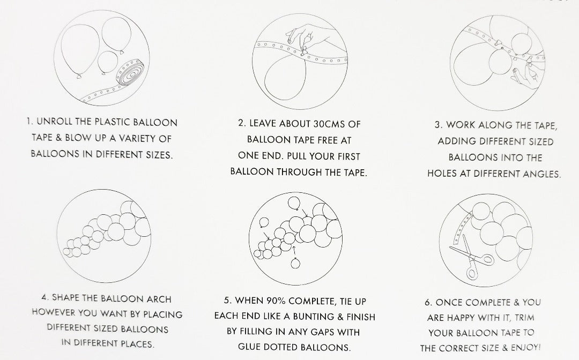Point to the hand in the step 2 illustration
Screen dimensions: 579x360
pyautogui.click(x=310, y=37)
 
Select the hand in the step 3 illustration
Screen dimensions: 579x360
pyautogui.click(x=525, y=76)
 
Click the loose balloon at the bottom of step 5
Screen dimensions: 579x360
pyautogui.click(x=295, y=264)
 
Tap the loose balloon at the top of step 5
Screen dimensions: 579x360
pyautogui.click(x=294, y=203)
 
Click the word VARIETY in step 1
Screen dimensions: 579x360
pyautogui.click(x=135, y=139)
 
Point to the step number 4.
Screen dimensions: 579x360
pyautogui.click(x=44, y=297)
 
